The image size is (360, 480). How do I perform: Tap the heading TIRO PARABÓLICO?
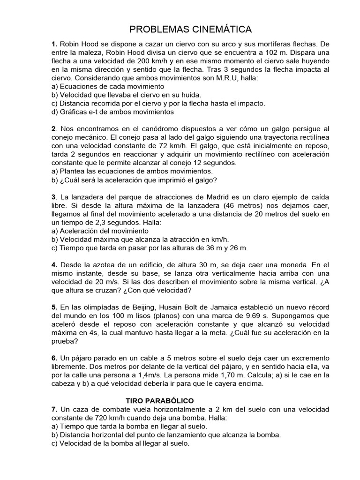160,401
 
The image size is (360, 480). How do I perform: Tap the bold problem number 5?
54,307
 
